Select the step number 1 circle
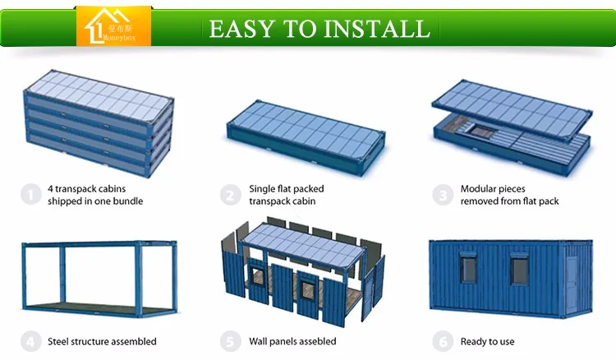click(x=30, y=195)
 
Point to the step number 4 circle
click(x=30, y=341)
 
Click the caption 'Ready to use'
click(x=488, y=341)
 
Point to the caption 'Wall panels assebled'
click(x=292, y=341)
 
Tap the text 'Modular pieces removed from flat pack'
click(x=509, y=195)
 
